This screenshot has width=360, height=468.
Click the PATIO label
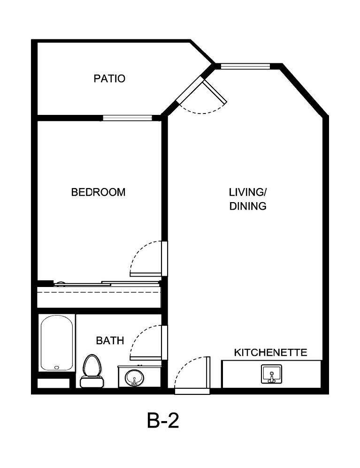click(x=109, y=78)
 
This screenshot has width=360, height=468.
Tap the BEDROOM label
click(x=98, y=192)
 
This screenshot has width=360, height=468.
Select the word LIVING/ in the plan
click(x=248, y=192)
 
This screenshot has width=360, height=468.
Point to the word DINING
click(x=248, y=206)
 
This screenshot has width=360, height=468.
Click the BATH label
click(x=110, y=340)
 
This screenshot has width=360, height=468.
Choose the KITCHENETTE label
click(x=271, y=352)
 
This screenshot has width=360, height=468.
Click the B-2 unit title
click(x=163, y=422)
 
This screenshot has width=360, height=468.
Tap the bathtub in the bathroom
click(x=56, y=343)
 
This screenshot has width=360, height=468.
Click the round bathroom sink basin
click(x=135, y=377)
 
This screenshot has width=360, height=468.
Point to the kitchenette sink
click(x=271, y=375)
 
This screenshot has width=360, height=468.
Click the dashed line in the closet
click(x=99, y=292)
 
